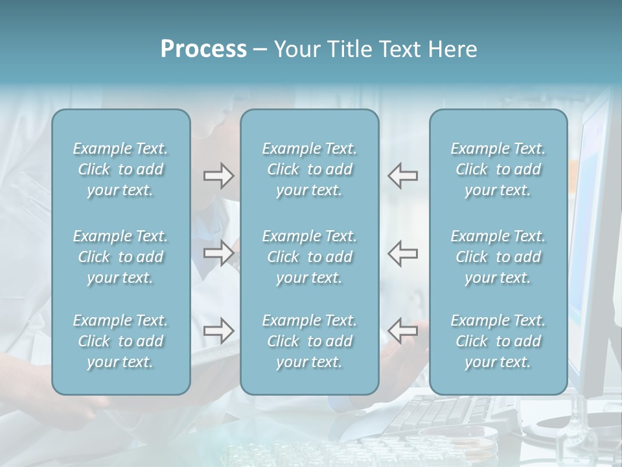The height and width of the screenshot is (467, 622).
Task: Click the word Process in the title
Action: point(203,49)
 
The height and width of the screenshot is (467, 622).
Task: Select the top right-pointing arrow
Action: point(218,175)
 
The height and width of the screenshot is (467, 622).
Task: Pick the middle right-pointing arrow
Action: point(218,253)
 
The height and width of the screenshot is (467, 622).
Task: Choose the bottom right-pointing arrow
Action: point(218,331)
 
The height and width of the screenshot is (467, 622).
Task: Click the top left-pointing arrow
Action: point(402,175)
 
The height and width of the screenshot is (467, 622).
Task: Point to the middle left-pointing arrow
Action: point(402,253)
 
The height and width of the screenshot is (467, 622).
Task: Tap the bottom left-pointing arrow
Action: point(402,331)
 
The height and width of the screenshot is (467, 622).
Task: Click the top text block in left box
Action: point(121,169)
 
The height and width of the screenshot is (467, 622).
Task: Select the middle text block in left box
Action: point(121,257)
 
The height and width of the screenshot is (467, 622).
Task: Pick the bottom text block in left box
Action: point(121,341)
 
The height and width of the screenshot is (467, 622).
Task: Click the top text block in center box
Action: point(309,169)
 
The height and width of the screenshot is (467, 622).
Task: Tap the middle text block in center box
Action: point(309,257)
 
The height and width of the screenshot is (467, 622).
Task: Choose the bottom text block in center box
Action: point(309,341)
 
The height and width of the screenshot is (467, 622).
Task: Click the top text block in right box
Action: point(498,169)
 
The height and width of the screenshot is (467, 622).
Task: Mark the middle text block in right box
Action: point(498,257)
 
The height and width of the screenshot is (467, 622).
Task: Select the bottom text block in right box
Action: point(498,341)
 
